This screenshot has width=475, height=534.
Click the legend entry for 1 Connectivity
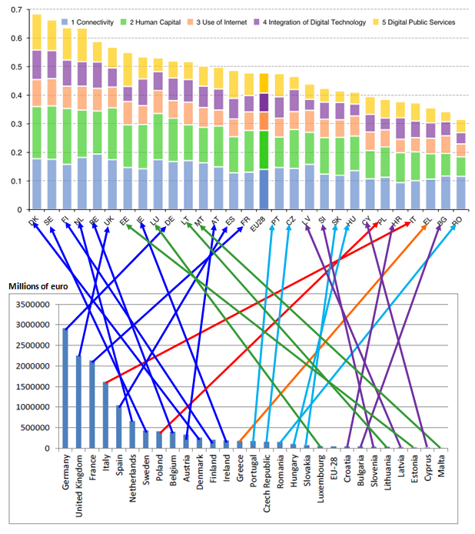coord(90,22)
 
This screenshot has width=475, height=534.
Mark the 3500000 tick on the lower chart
coord(30,304)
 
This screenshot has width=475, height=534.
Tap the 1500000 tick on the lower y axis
coord(30,386)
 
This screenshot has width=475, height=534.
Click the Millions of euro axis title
coord(38,287)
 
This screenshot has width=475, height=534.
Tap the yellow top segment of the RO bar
coord(460,125)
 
